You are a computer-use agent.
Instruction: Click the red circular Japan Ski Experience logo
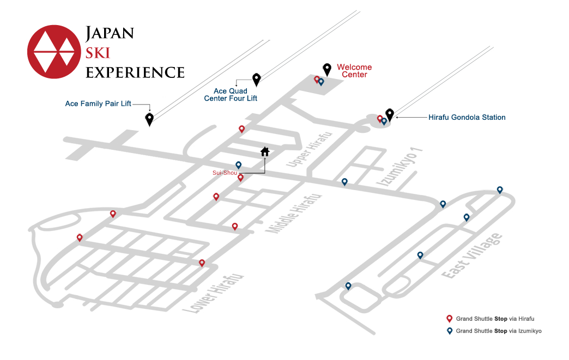click(x=54, y=52)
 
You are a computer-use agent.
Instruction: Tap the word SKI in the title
click(x=98, y=53)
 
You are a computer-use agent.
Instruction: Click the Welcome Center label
click(x=355, y=71)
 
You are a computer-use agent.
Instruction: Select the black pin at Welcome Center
click(x=327, y=70)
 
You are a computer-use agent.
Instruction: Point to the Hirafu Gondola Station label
click(x=467, y=118)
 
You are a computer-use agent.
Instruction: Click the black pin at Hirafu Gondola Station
click(x=390, y=115)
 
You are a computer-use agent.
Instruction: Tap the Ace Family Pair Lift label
click(x=98, y=103)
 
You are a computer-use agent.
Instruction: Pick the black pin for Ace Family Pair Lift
click(x=149, y=119)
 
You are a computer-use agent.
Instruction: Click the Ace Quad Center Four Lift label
click(x=231, y=95)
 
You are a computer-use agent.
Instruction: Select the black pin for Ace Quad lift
click(x=257, y=80)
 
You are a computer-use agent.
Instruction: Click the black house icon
click(x=265, y=151)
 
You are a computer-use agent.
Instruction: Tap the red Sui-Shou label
click(x=225, y=173)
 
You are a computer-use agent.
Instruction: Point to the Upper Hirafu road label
click(x=309, y=149)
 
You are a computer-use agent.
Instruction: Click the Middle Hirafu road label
click(x=294, y=213)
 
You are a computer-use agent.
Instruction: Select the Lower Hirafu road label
click(x=213, y=294)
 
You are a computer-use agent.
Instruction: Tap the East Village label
click(x=472, y=256)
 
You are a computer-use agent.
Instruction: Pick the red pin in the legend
click(x=449, y=319)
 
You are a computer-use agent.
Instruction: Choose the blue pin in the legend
click(x=449, y=331)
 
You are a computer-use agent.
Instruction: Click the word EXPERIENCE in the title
click(x=135, y=72)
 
